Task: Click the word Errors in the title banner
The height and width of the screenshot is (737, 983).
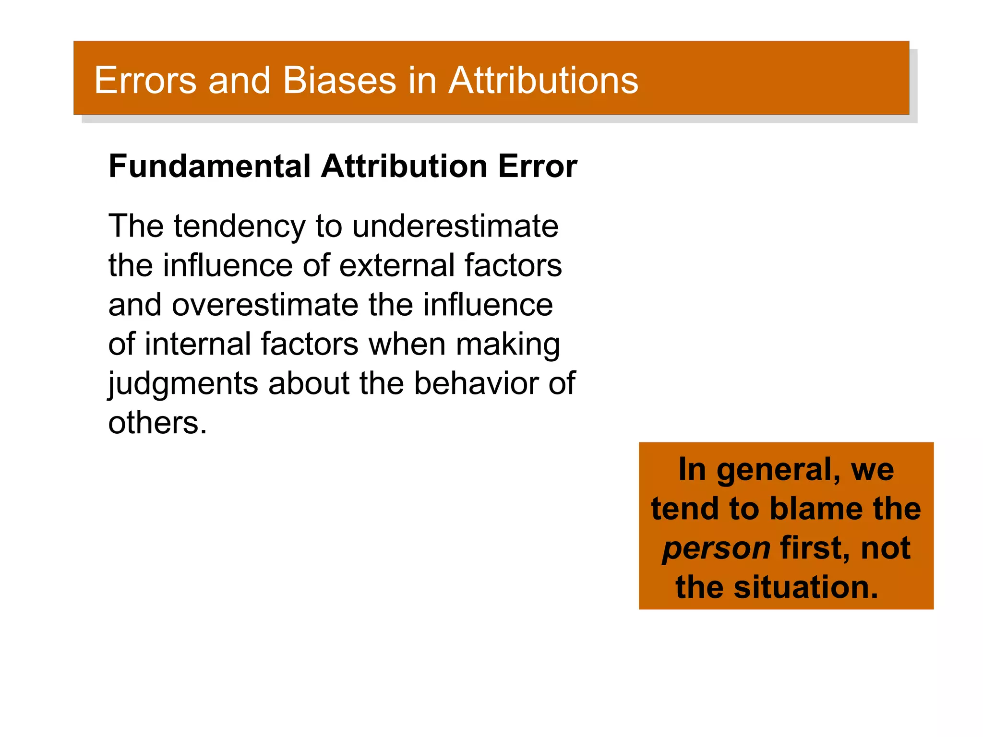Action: [x=145, y=80]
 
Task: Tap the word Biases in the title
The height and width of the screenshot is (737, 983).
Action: [x=339, y=80]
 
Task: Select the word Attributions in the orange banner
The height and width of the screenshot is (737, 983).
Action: [x=543, y=80]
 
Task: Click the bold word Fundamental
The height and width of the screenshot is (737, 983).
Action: [x=210, y=166]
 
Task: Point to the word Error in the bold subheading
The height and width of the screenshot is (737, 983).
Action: [x=537, y=166]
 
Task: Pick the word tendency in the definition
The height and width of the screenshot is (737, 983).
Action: [x=239, y=226]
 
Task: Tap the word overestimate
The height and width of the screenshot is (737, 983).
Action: [x=265, y=305]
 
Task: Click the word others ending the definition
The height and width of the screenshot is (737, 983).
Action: [x=157, y=423]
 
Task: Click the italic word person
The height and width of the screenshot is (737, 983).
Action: [x=716, y=549]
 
